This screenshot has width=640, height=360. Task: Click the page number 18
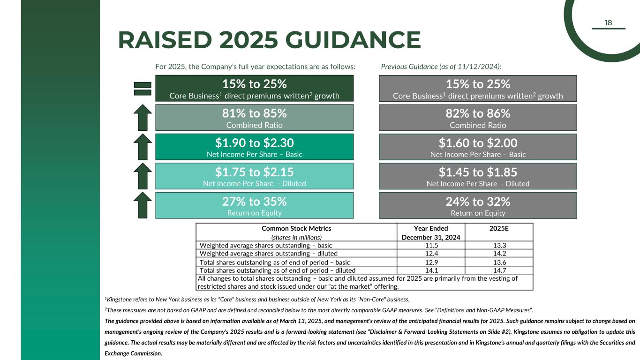coord(608,23)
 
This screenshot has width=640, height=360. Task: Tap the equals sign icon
coord(143,89)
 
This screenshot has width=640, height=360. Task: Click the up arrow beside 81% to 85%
coord(143,118)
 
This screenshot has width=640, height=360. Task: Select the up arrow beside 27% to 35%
coord(143,205)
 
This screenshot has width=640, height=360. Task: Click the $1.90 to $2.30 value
coord(254,142)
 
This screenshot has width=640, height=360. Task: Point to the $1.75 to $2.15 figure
coord(254,172)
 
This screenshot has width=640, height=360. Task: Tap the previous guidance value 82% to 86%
coord(477,113)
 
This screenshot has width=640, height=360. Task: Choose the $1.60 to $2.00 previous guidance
coord(477,142)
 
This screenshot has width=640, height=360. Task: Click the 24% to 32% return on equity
coord(477,201)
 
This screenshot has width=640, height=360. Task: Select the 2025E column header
coord(499,229)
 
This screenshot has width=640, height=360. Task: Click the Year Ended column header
coord(431,229)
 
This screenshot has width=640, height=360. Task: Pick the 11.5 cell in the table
coord(431,245)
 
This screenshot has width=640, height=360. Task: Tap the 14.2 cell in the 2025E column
coord(499,254)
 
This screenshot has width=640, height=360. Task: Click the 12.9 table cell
coord(431,262)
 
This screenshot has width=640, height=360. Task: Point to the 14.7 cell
coord(499,270)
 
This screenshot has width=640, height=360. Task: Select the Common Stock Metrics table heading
coord(296,229)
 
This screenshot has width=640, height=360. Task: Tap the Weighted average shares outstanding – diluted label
coord(269,254)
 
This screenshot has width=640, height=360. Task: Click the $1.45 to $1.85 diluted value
coord(477,172)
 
